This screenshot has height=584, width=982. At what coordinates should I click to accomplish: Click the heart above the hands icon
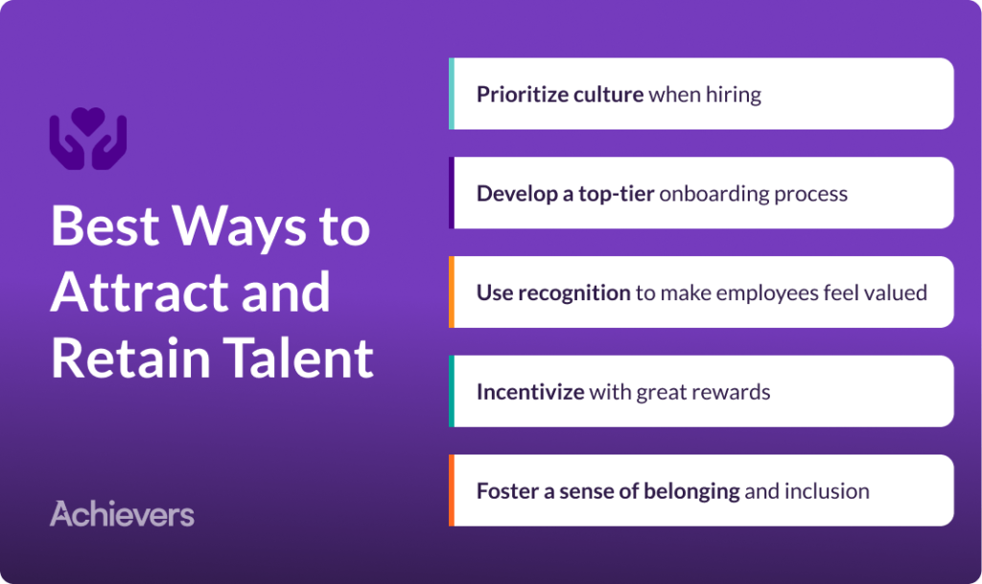tap(88, 120)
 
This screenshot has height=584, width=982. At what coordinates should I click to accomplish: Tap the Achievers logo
tap(122, 514)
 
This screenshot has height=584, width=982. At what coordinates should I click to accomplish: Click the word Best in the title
tap(105, 226)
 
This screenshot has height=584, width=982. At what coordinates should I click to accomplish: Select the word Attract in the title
tap(142, 292)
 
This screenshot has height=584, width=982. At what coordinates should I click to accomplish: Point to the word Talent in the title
tap(299, 358)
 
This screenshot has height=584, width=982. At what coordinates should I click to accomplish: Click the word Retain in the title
tap(130, 358)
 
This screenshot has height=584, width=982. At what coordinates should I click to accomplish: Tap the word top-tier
tap(617, 194)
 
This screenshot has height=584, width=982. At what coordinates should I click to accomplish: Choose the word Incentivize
tap(530, 392)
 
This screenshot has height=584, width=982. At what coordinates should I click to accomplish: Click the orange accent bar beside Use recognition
tap(452, 292)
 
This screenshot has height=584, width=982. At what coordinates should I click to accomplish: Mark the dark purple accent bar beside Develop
tap(452, 193)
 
